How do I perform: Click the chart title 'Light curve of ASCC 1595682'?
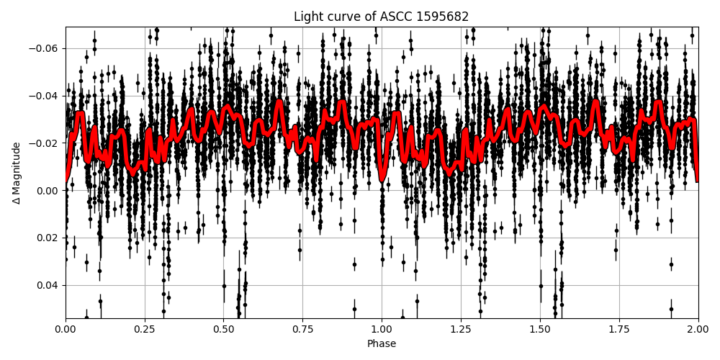click(x=381, y=17)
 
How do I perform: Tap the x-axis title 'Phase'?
click(x=382, y=344)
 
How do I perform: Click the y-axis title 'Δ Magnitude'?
click(x=17, y=173)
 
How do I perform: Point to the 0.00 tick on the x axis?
click(x=66, y=330)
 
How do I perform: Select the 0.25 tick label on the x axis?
click(x=145, y=330)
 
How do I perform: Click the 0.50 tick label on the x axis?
click(x=223, y=330)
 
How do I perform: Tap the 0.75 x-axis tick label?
click(x=302, y=330)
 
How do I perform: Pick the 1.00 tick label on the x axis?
click(x=382, y=330)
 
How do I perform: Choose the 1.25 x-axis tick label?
click(x=461, y=330)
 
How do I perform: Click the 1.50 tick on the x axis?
click(x=540, y=330)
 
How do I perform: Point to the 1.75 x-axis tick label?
click(x=619, y=330)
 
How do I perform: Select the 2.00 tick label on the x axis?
click(x=698, y=330)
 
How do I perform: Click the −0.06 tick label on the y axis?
click(x=45, y=48)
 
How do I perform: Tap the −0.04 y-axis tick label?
click(x=45, y=96)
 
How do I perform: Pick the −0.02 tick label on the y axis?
click(x=45, y=143)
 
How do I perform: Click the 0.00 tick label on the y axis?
click(x=49, y=191)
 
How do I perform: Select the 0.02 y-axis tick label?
click(x=49, y=238)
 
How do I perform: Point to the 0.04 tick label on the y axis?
click(x=49, y=285)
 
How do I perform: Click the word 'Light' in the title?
click(x=307, y=17)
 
